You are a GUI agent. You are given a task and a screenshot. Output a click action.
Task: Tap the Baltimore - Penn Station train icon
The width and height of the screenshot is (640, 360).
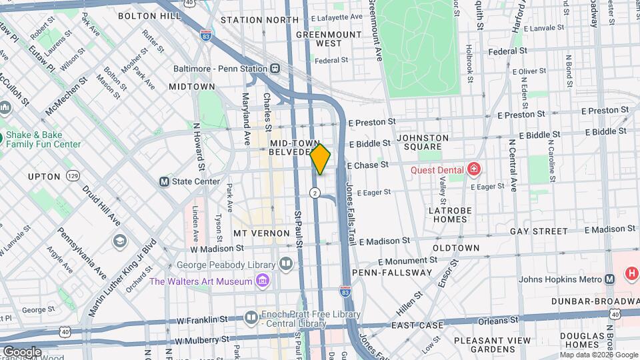pos(274,69)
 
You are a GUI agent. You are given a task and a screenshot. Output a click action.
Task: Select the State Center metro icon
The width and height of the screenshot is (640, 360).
pos(163,181)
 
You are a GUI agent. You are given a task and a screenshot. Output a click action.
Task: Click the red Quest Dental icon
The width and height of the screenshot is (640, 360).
pos(474,169)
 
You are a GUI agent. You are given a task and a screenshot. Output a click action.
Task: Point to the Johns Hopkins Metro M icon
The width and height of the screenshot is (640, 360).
pos(609,279)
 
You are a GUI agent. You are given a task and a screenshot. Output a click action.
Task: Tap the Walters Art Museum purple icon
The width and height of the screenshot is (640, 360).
pos(263,281)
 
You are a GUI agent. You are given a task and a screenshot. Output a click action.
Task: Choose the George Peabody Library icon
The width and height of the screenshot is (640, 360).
pos(286,264)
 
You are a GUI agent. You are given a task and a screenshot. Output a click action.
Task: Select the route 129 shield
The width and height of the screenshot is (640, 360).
pos(73,176)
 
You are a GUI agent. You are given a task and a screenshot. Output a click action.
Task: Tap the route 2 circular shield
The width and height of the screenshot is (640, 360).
pos(315,193)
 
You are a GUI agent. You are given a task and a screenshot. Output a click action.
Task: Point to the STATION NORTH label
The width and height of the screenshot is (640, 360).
pos(259,20)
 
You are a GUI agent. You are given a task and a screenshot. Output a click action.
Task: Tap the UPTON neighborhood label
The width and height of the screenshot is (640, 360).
pos(44,177)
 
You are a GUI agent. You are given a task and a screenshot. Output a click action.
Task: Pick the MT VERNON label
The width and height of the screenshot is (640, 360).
pos(261,233)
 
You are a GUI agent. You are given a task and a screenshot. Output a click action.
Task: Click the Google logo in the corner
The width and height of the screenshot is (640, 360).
pos(22,351)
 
